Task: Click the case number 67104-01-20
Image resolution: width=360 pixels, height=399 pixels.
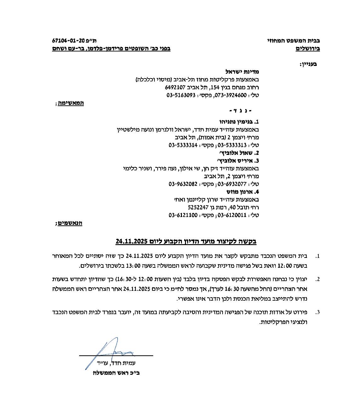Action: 69,41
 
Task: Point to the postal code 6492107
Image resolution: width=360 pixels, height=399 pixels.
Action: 175,87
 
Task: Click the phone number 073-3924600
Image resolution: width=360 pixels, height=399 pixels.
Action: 232,95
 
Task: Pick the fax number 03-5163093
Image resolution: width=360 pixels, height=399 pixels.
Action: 181,95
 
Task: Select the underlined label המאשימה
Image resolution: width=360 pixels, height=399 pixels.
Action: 71,103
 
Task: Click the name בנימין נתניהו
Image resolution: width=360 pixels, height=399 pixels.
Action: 236,121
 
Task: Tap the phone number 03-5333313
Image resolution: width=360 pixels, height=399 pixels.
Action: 232,145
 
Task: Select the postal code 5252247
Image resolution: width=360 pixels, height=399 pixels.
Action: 198,208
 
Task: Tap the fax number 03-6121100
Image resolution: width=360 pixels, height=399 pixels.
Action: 183,215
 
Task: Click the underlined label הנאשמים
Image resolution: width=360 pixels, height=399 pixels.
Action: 70,223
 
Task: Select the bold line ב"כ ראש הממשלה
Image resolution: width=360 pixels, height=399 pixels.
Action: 116,373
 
